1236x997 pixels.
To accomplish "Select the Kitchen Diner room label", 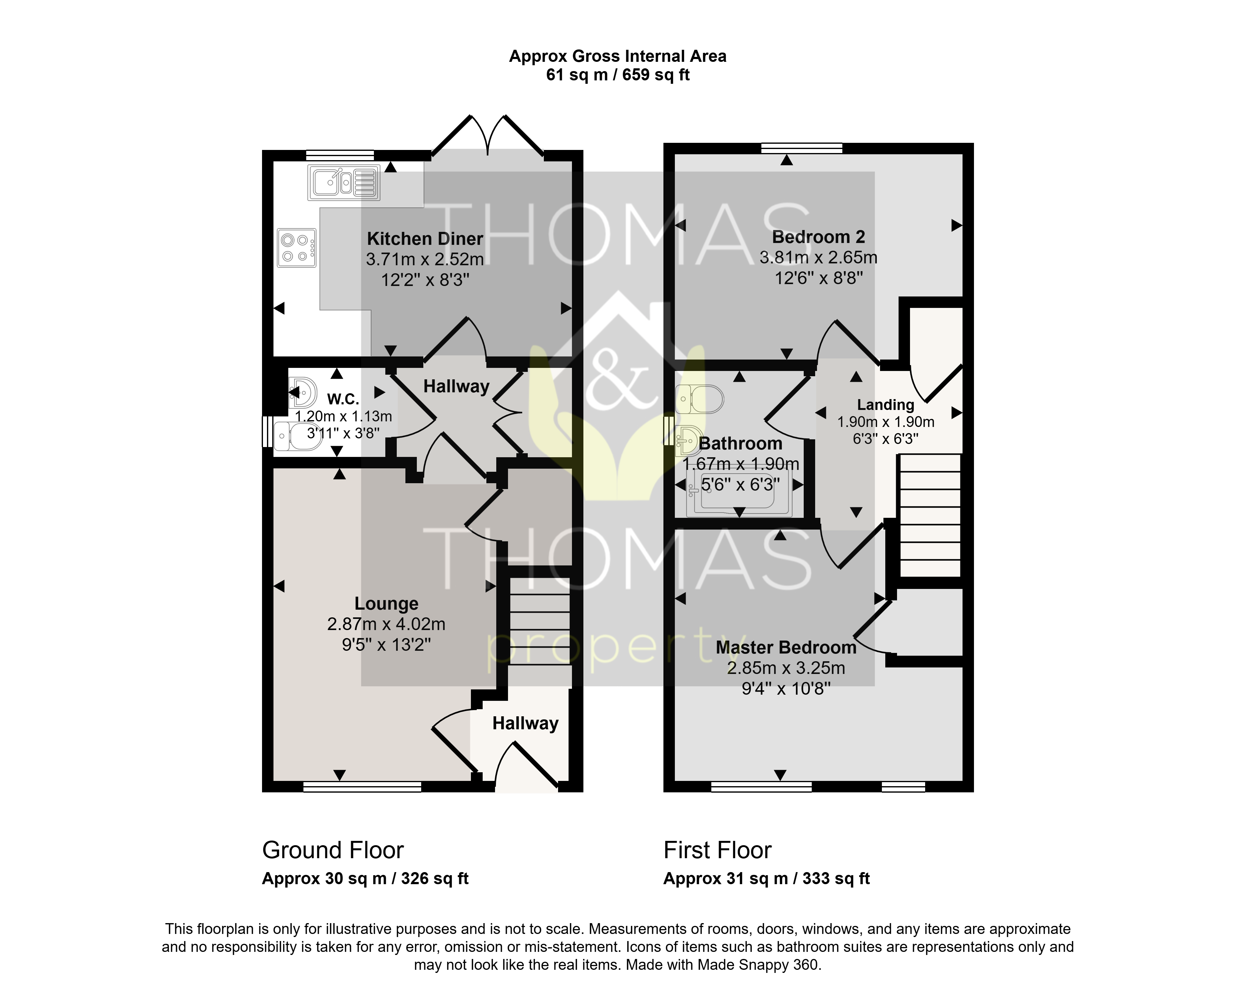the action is click(x=425, y=238).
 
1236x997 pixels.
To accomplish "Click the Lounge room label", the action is click(x=386, y=603).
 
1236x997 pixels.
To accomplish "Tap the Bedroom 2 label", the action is click(x=818, y=236).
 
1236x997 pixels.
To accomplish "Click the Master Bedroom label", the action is click(x=786, y=647).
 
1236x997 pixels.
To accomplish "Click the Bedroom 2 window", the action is click(x=802, y=148).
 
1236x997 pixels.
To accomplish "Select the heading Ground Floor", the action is click(x=333, y=850).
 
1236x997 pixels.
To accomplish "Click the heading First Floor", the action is click(x=717, y=850).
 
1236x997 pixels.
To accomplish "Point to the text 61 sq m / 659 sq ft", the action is click(x=618, y=75).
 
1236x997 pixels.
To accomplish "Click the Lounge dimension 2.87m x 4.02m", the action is click(x=386, y=624).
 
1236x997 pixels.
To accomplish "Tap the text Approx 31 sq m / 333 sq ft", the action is click(x=766, y=879).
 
